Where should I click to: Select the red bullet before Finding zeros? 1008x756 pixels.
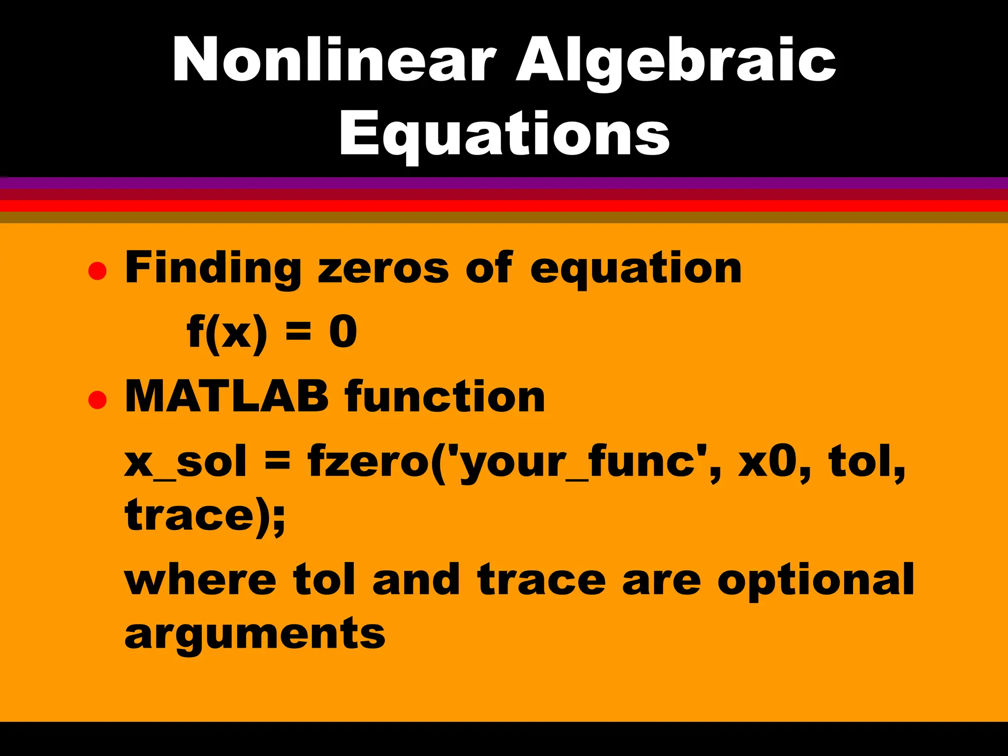(x=97, y=271)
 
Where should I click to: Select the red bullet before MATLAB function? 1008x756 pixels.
(x=97, y=400)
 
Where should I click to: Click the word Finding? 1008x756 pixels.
(x=213, y=268)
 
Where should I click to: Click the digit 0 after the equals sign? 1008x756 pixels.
(x=343, y=332)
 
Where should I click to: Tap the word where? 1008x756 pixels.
(x=200, y=580)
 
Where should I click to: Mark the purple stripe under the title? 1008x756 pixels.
(x=504, y=183)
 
